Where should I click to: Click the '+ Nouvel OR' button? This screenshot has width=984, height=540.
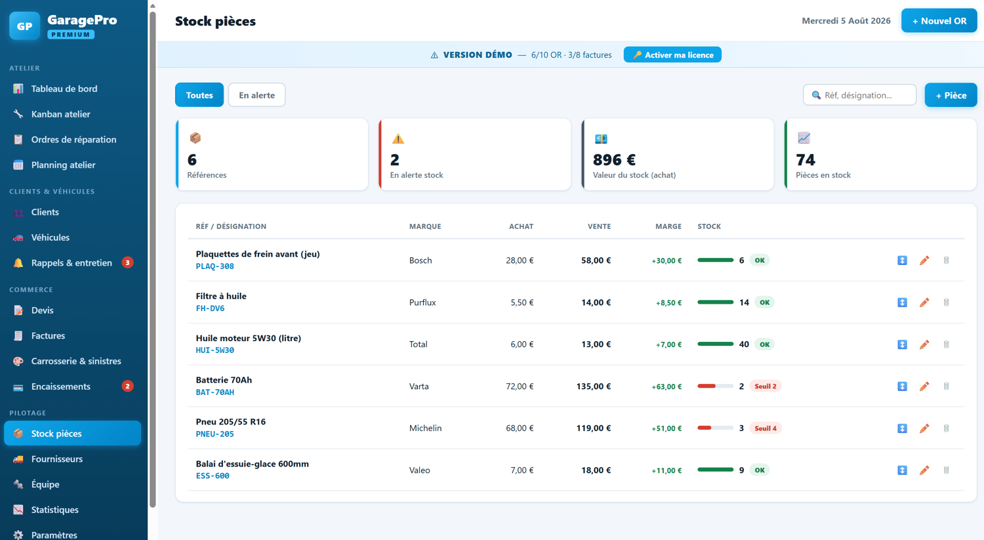[939, 20]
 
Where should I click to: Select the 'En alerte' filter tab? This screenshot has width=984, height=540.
[256, 95]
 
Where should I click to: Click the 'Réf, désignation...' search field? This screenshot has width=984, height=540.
[859, 95]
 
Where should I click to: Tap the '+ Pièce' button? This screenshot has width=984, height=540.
[951, 95]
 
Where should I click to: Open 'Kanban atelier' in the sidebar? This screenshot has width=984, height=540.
[60, 114]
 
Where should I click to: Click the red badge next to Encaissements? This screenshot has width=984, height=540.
[127, 386]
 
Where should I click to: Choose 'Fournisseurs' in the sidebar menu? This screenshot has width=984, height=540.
[56, 459]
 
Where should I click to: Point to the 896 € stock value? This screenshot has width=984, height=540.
[614, 159]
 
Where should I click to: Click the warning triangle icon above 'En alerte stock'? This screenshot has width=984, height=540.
[398, 138]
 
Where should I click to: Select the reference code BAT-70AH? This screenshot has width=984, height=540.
[215, 392]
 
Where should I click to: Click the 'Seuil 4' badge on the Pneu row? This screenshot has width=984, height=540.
[766, 428]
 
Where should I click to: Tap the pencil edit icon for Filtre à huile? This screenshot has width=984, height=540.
[924, 302]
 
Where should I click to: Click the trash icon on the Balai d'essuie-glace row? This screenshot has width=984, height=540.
[946, 470]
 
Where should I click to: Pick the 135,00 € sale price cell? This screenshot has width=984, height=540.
[594, 386]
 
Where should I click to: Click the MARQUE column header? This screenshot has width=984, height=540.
[425, 226]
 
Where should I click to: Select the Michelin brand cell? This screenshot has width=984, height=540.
[425, 428]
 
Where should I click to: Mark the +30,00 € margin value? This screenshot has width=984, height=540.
[666, 260]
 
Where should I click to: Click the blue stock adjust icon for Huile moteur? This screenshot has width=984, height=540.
[902, 344]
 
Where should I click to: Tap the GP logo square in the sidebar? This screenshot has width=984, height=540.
[25, 26]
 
